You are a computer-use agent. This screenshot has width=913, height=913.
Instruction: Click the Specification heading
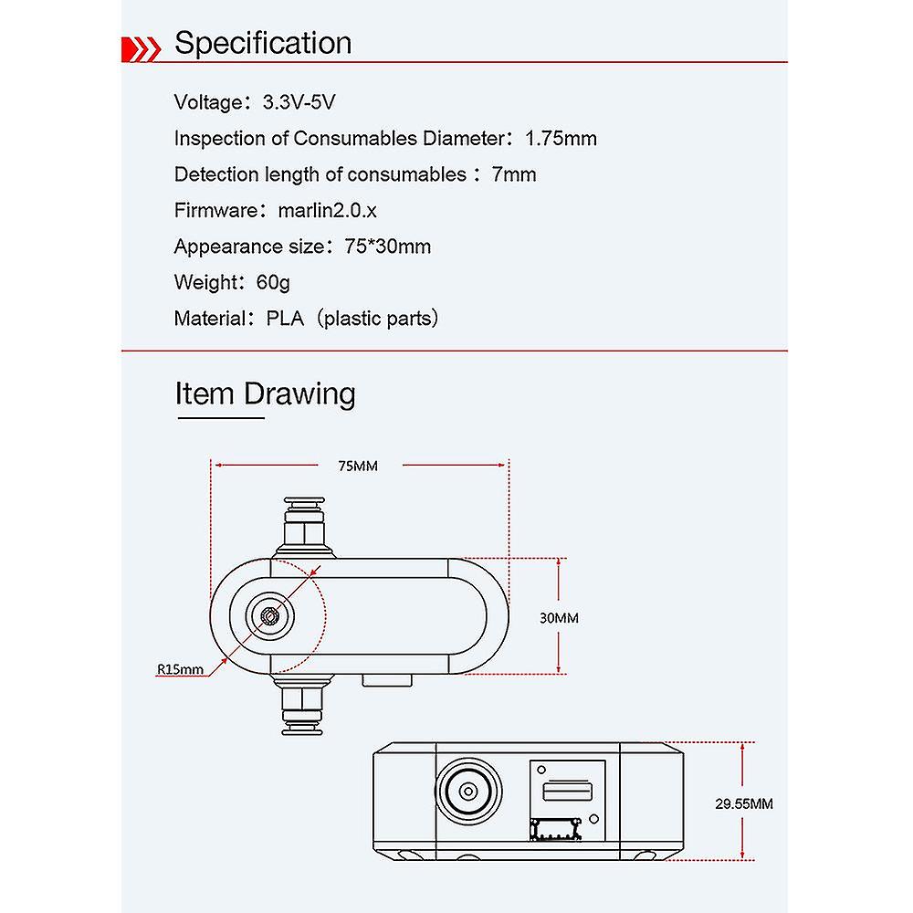263,43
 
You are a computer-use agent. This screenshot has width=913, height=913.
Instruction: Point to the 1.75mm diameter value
561,139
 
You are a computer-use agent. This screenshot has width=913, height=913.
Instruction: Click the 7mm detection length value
514,174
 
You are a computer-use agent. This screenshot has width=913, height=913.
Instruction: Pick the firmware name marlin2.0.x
328,210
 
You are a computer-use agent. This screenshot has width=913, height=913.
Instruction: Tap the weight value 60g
273,282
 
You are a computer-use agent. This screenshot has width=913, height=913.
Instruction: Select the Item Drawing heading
266,394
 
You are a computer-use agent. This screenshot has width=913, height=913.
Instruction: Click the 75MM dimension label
357,467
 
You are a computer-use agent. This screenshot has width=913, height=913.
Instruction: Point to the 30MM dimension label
559,617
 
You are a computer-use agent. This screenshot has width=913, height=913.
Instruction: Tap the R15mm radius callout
180,669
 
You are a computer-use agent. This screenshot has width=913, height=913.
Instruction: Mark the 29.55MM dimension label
742,804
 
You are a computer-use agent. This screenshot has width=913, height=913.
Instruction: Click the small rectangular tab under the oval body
389,679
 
